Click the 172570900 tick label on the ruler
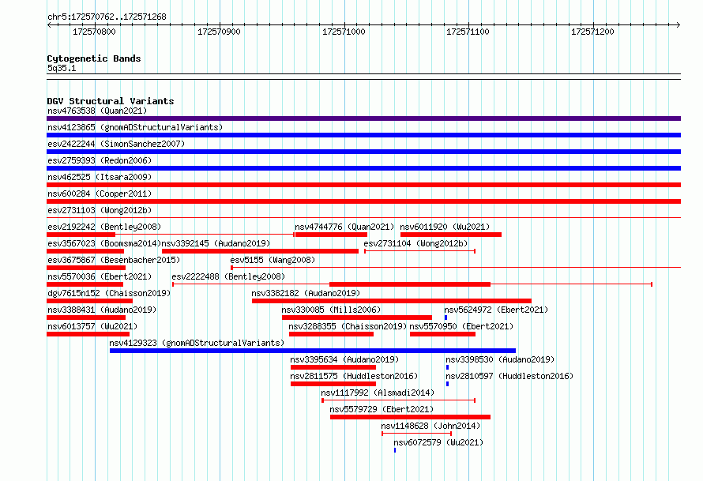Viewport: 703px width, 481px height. (219, 32)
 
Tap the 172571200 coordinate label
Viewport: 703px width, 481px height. (592, 32)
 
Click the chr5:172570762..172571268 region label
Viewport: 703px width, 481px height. (107, 17)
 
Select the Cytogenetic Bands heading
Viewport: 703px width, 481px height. (94, 58)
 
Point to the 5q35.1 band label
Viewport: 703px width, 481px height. (62, 68)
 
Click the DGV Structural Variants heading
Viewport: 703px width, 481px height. (111, 101)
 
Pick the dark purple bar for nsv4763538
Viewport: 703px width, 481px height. (363, 118)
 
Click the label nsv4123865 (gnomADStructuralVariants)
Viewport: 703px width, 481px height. (135, 127)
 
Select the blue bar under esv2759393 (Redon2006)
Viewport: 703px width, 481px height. (363, 168)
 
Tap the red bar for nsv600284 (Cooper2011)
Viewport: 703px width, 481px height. (363, 201)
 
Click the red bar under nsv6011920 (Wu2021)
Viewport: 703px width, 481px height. (451, 235)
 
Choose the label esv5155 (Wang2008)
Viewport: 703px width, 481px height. (273, 260)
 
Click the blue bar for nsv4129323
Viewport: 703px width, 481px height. (313, 351)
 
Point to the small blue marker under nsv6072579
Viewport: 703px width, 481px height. (395, 450)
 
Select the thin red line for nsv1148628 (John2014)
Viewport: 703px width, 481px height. (416, 434)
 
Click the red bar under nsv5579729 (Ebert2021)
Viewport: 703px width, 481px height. (410, 417)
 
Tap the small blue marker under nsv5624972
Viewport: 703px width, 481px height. (445, 318)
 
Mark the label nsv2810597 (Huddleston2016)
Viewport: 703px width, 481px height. (509, 376)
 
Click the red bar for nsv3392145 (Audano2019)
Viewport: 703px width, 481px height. (260, 251)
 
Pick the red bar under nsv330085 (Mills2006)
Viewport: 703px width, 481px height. (357, 318)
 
